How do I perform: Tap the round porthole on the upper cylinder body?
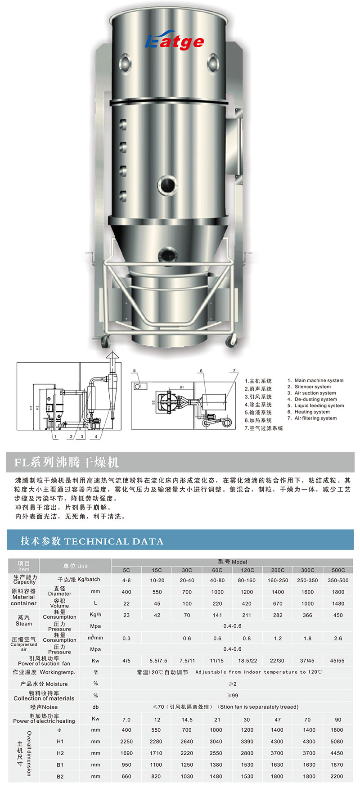pos(166,183)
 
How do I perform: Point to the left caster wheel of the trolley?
pos(105,341)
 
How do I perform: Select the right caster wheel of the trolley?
pos(232,341)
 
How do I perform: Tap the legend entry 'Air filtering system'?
pos(312,418)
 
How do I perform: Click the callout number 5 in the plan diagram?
pos(134,371)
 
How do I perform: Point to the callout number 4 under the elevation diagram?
pos(96,436)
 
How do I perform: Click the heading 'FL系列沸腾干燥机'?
pos(67,462)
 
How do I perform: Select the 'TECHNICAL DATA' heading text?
pos(114,541)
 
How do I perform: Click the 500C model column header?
pos(338,570)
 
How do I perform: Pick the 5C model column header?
pos(126,570)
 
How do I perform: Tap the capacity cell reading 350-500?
pos(338,580)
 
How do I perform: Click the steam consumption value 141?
pos(217,615)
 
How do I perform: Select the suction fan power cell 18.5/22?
pos(247,661)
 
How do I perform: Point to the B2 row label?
pos(60,776)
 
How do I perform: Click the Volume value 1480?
pos(338,603)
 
